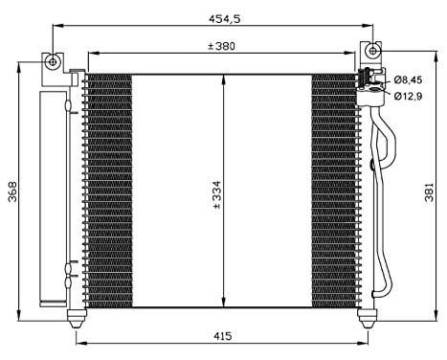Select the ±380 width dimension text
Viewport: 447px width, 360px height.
coord(221,46)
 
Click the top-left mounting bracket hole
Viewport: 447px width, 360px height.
coord(54,62)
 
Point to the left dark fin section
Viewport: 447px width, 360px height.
coord(108,191)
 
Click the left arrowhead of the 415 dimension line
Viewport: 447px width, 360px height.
coord(78,343)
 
